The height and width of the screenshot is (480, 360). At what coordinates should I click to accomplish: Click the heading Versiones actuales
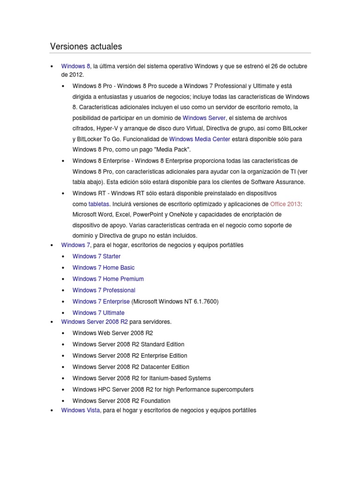tap(86, 46)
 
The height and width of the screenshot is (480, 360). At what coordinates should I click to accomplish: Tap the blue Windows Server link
tap(204, 118)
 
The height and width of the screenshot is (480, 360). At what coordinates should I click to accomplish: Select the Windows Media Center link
tap(199, 139)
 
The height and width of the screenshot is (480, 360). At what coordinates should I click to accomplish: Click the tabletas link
tap(98, 204)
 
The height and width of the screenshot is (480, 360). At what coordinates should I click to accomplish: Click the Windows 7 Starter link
tap(96, 256)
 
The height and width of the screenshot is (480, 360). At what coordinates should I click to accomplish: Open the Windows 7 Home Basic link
tap(103, 268)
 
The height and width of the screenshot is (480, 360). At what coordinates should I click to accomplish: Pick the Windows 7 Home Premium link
tap(108, 279)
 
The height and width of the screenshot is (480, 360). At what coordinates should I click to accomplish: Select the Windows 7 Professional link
tap(104, 290)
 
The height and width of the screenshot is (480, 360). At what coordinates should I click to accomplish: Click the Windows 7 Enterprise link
tap(101, 301)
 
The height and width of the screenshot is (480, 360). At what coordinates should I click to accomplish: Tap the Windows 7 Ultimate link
tap(98, 313)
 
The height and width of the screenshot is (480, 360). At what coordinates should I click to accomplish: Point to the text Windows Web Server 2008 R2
tap(112, 333)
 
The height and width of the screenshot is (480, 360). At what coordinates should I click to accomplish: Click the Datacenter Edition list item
tap(131, 367)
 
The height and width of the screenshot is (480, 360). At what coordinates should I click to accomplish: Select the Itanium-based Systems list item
tap(142, 378)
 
